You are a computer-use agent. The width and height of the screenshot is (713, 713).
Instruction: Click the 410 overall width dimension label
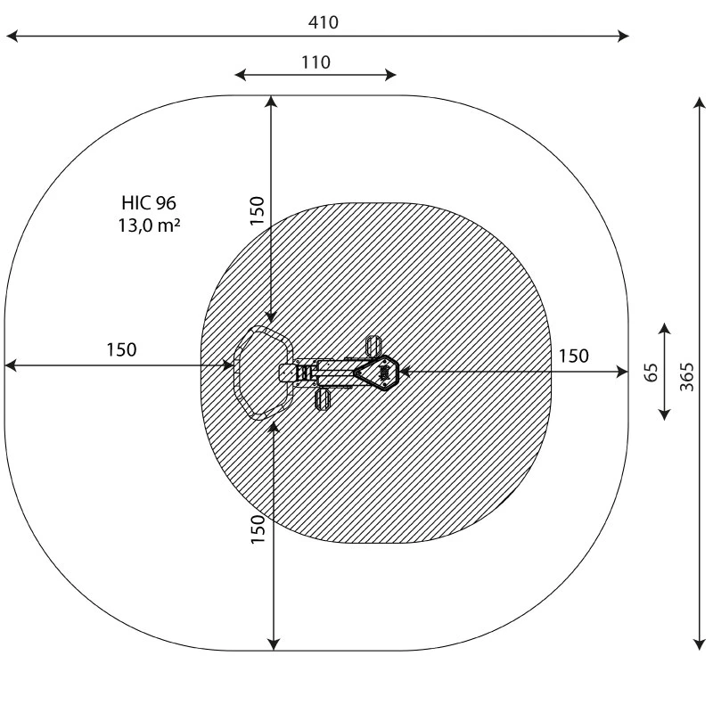[323, 22]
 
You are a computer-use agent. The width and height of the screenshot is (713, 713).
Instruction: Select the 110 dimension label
[316, 62]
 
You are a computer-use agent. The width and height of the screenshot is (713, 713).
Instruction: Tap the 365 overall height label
[687, 377]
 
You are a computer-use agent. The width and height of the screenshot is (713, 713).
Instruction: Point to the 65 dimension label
[652, 373]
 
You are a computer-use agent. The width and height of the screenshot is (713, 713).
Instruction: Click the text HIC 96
[149, 203]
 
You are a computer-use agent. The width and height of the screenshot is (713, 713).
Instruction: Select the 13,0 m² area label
[149, 225]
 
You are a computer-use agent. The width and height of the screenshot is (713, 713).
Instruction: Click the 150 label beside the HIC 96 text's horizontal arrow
[121, 349]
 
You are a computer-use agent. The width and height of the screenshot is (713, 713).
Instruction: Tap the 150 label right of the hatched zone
[573, 356]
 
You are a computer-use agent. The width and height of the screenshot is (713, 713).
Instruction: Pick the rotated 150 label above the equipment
[258, 210]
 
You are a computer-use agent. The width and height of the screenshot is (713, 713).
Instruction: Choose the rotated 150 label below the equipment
[258, 529]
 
